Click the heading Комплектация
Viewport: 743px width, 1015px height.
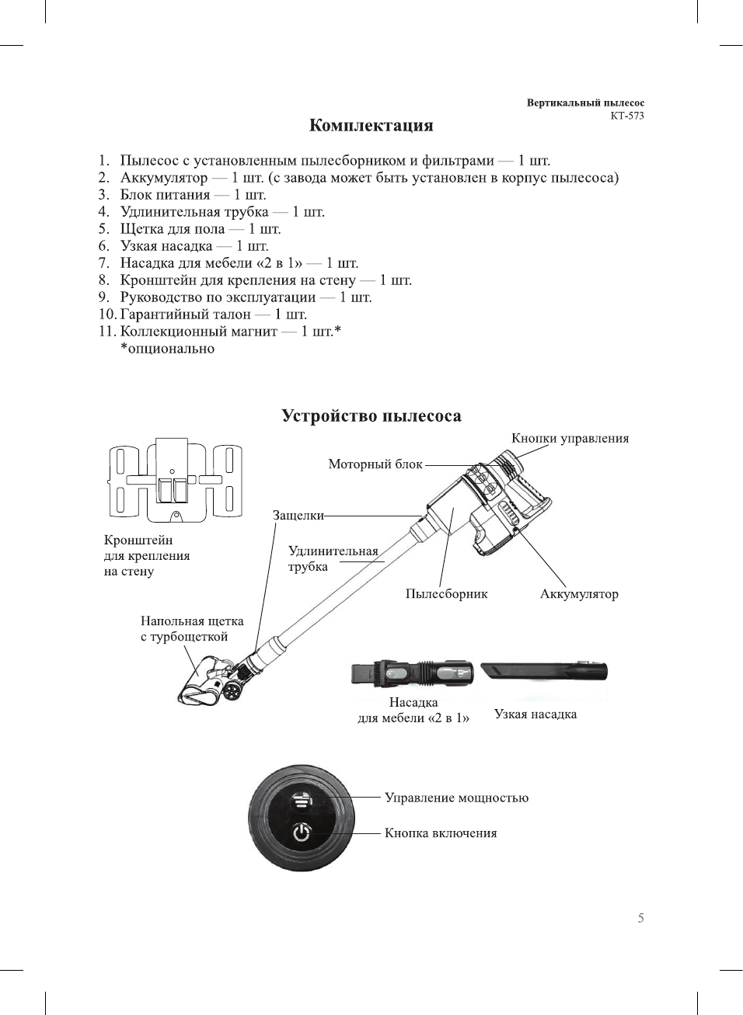click(371, 126)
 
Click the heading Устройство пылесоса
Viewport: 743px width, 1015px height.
click(371, 416)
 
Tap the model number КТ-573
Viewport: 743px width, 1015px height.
click(626, 116)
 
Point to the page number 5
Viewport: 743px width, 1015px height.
click(640, 918)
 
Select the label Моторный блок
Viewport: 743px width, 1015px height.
click(375, 464)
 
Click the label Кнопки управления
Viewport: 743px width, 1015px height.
click(570, 438)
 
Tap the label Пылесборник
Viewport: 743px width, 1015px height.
click(446, 594)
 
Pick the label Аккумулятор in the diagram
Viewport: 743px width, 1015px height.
click(579, 594)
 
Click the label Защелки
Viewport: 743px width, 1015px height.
click(298, 515)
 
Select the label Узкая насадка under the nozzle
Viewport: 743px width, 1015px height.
click(535, 714)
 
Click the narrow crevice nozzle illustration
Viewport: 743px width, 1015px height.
click(543, 670)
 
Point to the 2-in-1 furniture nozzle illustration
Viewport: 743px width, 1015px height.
click(412, 673)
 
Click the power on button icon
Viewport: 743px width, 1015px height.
click(302, 833)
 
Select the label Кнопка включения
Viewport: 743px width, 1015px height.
click(441, 833)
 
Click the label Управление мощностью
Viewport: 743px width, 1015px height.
click(456, 798)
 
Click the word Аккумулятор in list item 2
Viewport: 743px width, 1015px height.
click(164, 178)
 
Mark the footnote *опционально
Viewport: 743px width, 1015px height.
click(167, 349)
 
